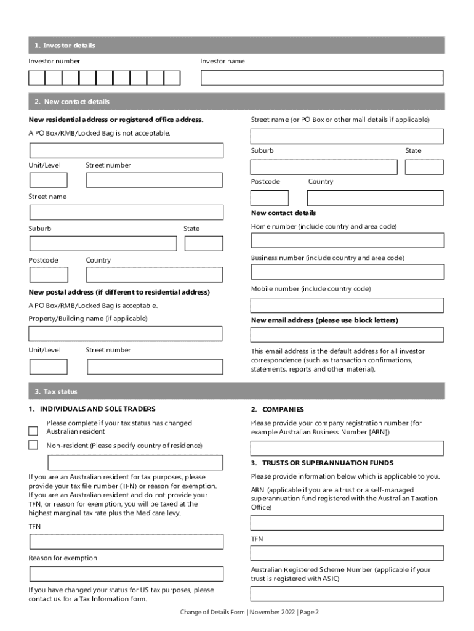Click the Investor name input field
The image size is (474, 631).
(x=322, y=78)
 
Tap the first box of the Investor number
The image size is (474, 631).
(x=37, y=78)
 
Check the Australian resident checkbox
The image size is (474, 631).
(x=33, y=431)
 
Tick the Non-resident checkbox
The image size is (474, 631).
(x=33, y=445)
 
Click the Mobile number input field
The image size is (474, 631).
(x=347, y=305)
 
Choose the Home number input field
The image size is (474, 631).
(x=347, y=240)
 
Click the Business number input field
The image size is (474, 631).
(x=347, y=272)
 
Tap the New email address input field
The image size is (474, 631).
(x=347, y=335)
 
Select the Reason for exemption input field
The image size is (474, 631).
(x=126, y=574)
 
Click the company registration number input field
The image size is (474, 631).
(x=347, y=448)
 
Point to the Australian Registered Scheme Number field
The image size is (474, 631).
(x=347, y=594)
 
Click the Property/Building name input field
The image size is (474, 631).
(x=126, y=333)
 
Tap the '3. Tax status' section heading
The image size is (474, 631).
(x=56, y=391)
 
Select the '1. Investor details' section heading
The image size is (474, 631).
(x=65, y=46)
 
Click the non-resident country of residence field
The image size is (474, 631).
(x=135, y=463)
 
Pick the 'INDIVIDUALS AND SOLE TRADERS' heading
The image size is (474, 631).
(x=97, y=409)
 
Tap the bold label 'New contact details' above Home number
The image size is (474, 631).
(x=283, y=213)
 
